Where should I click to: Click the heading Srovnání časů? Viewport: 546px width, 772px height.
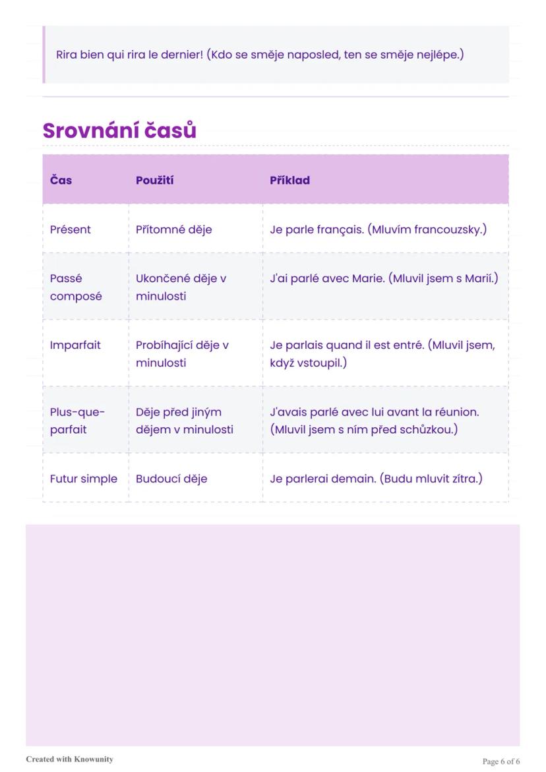tap(119, 131)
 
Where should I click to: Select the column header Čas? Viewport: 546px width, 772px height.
tap(61, 180)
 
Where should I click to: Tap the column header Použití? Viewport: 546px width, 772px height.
tap(155, 180)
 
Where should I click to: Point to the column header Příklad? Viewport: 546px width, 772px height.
tap(289, 180)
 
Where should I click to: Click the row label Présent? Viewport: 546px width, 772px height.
tap(71, 229)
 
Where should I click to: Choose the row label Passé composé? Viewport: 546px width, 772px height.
tap(76, 287)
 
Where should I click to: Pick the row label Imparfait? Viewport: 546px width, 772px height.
tap(75, 345)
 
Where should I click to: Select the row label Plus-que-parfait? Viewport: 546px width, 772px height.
tap(77, 421)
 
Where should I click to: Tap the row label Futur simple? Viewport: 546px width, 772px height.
tap(84, 479)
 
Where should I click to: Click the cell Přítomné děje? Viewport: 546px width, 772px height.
tap(174, 229)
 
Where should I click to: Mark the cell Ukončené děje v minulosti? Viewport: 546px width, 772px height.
tap(181, 287)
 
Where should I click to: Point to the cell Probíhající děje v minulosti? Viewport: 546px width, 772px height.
tap(182, 353)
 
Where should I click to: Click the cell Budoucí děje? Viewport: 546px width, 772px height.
tap(171, 479)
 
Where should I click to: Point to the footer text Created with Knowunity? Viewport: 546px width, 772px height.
tap(69, 759)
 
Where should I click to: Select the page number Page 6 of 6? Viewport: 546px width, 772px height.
tap(501, 761)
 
